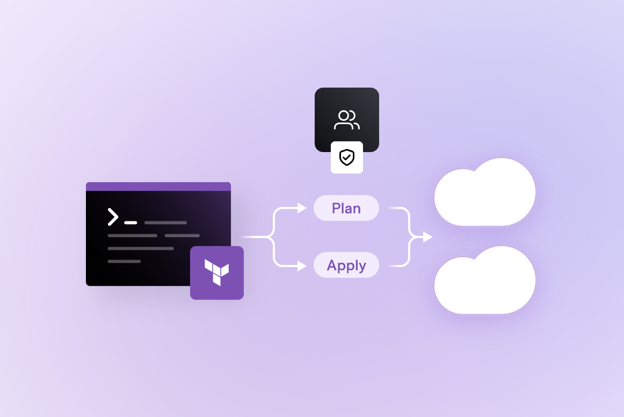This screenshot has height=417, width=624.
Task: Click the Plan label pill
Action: point(346,208)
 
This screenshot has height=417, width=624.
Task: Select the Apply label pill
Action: point(346,265)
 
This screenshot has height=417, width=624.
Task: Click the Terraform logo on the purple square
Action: point(217,271)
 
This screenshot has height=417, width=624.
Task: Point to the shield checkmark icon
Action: point(347,157)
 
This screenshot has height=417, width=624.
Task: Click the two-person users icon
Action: point(347,120)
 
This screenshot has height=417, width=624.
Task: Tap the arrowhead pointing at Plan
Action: point(302,208)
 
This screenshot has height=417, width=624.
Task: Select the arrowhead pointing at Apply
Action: point(302,265)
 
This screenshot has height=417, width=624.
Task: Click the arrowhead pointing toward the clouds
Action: point(427,237)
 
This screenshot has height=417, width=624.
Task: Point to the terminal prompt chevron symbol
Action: point(113,217)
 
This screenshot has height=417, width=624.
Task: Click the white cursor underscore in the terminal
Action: point(130,222)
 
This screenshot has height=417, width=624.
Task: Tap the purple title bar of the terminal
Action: point(158,186)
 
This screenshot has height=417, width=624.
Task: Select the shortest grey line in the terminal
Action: point(124,262)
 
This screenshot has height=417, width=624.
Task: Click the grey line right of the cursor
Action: point(165,222)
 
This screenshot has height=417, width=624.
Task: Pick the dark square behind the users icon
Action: point(328,102)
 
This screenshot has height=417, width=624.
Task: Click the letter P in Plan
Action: point(336,208)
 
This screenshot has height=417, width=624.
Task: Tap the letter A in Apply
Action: point(332,265)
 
